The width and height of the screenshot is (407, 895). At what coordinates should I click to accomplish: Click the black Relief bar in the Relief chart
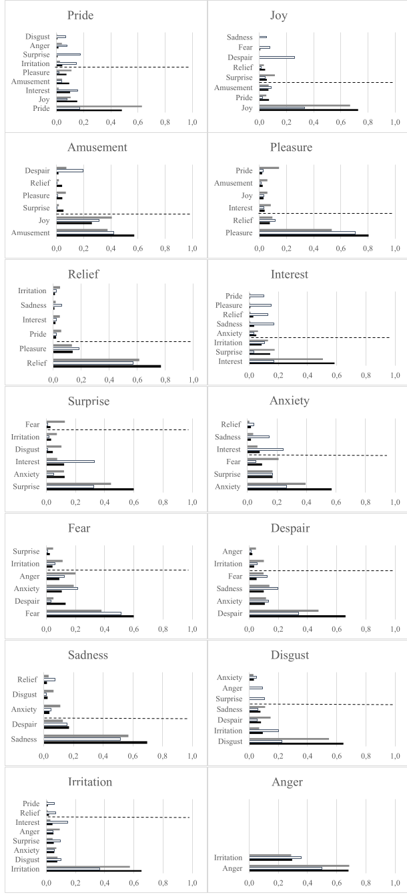(x=107, y=366)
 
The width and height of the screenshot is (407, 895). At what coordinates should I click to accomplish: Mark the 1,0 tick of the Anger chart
(x=395, y=883)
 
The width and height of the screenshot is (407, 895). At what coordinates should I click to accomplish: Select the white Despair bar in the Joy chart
(x=277, y=57)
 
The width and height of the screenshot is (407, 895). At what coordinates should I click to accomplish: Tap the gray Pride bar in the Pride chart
(x=99, y=106)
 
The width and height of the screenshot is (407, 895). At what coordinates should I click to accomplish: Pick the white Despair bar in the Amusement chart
(x=70, y=170)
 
